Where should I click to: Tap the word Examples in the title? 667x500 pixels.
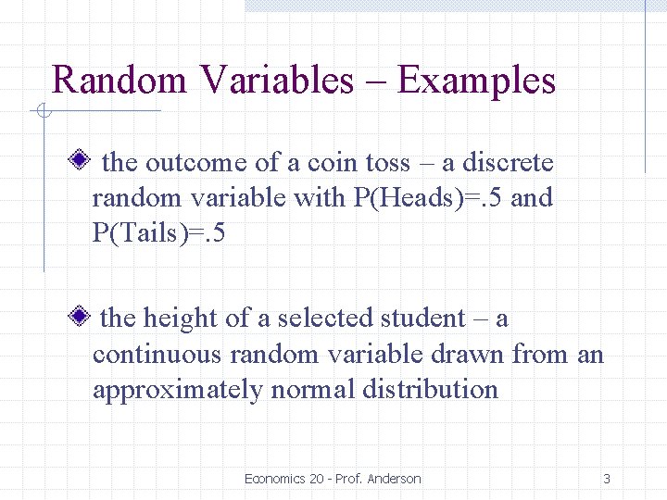click(476, 81)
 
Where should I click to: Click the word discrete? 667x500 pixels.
click(508, 163)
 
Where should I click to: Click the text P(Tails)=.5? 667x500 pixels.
click(158, 233)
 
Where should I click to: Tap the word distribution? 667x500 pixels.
click(431, 389)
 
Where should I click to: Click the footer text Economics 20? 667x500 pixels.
click(283, 479)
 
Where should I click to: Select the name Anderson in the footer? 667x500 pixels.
click(394, 479)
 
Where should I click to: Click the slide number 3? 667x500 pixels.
click(607, 479)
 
